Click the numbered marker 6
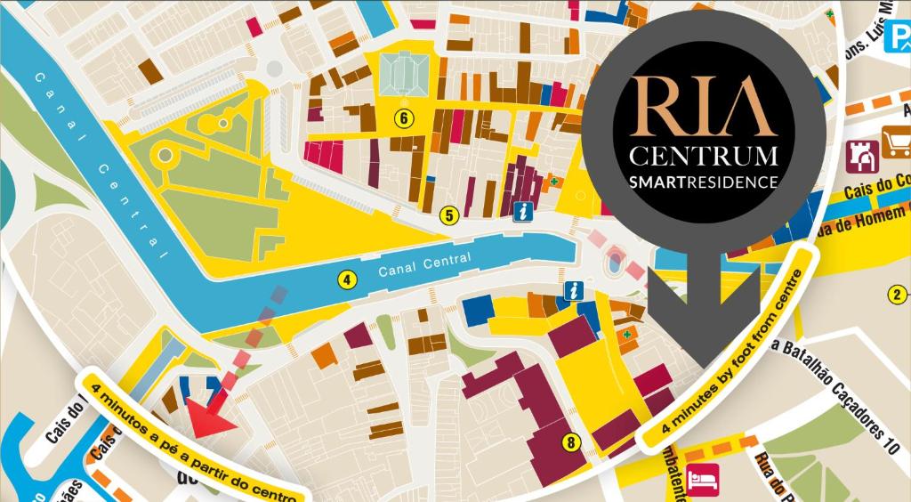click(404, 117)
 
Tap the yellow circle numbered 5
click(449, 215)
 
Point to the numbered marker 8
click(570, 441)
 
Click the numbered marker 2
click(898, 296)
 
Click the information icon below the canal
click(576, 290)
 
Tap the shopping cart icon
click(896, 142)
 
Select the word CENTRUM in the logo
click(703, 158)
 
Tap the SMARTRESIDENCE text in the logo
click(703, 182)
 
